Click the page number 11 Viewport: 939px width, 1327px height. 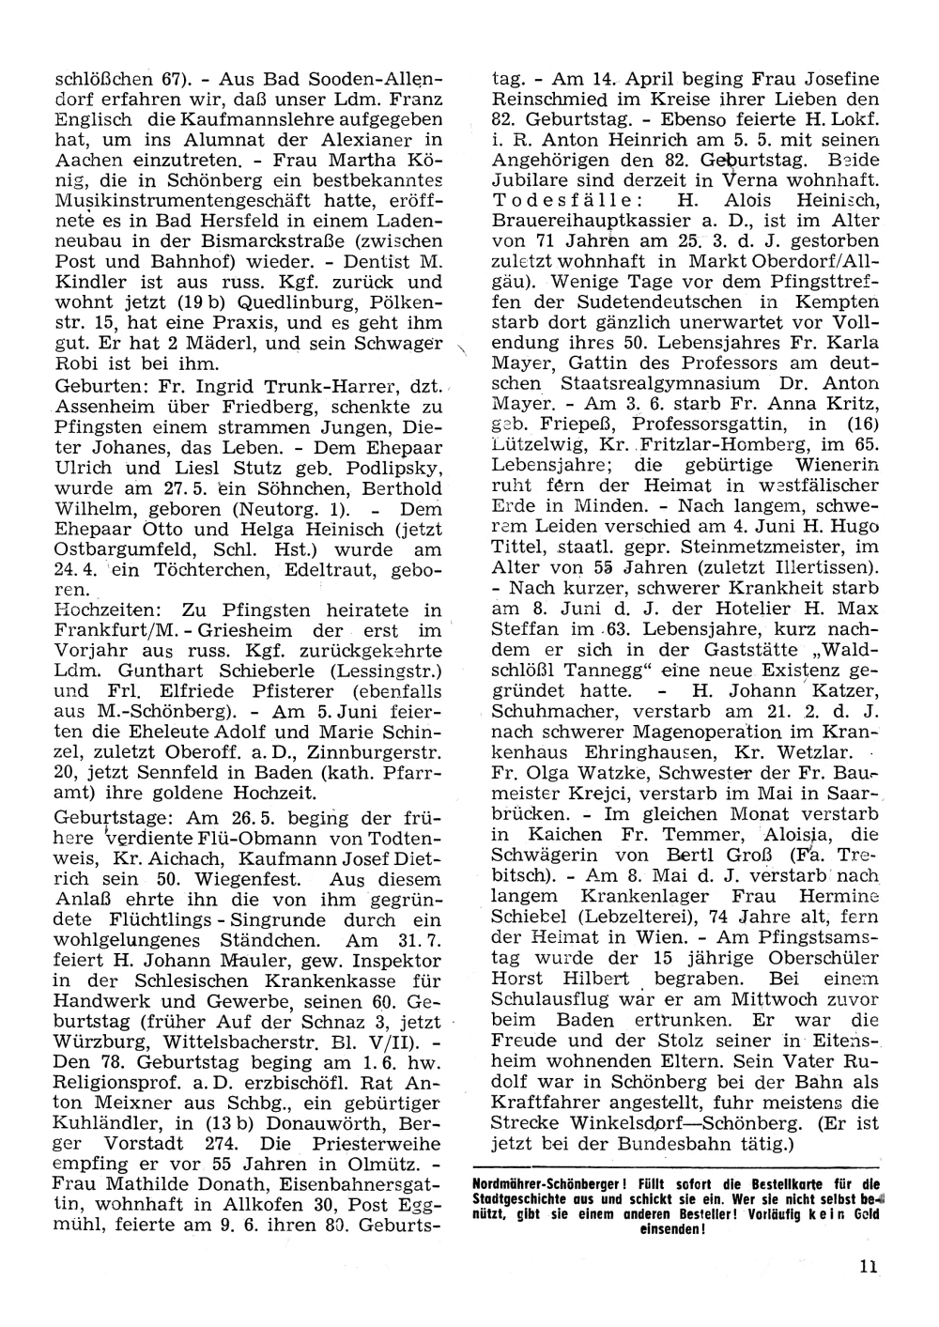[x=868, y=1266]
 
